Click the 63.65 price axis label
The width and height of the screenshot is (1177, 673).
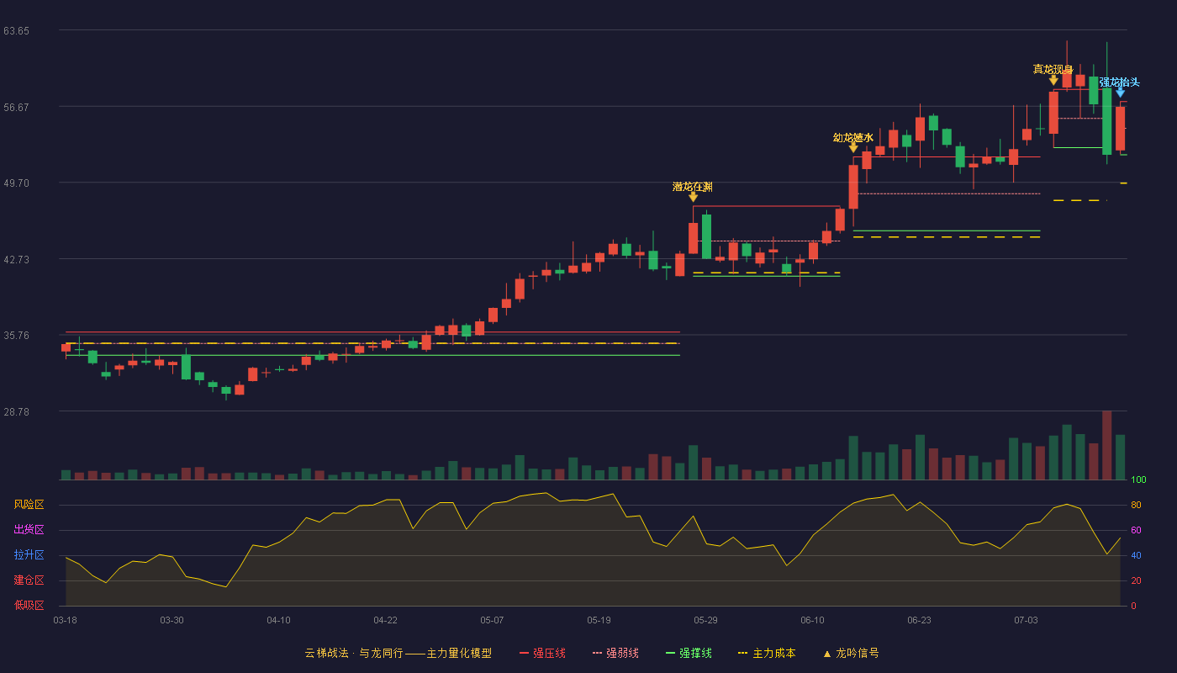(x=16, y=31)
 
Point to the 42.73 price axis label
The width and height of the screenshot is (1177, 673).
(x=16, y=260)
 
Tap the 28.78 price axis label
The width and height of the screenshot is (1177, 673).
(x=16, y=412)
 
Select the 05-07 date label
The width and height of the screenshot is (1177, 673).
(x=492, y=621)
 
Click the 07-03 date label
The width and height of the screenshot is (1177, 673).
(x=1026, y=621)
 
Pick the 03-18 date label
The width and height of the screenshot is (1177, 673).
(x=66, y=621)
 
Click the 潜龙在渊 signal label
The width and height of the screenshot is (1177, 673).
(x=693, y=187)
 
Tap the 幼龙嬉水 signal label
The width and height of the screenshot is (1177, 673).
(x=852, y=138)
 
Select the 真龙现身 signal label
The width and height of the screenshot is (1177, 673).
(x=1053, y=69)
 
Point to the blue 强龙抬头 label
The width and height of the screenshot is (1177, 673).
(x=1119, y=82)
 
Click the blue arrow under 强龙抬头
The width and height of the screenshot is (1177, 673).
(x=1120, y=93)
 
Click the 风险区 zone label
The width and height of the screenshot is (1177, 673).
(x=29, y=505)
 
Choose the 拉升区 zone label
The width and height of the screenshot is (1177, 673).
(x=29, y=555)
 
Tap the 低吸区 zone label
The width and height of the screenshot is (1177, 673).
(x=29, y=606)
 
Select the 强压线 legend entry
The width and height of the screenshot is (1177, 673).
(x=542, y=654)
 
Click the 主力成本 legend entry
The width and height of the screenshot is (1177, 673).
(x=767, y=654)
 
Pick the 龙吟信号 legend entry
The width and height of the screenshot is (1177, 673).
(x=851, y=654)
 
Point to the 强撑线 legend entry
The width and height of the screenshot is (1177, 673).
(x=689, y=654)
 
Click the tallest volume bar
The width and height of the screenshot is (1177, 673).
(x=1106, y=445)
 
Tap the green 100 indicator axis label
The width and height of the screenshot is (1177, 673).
(x=1138, y=480)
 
